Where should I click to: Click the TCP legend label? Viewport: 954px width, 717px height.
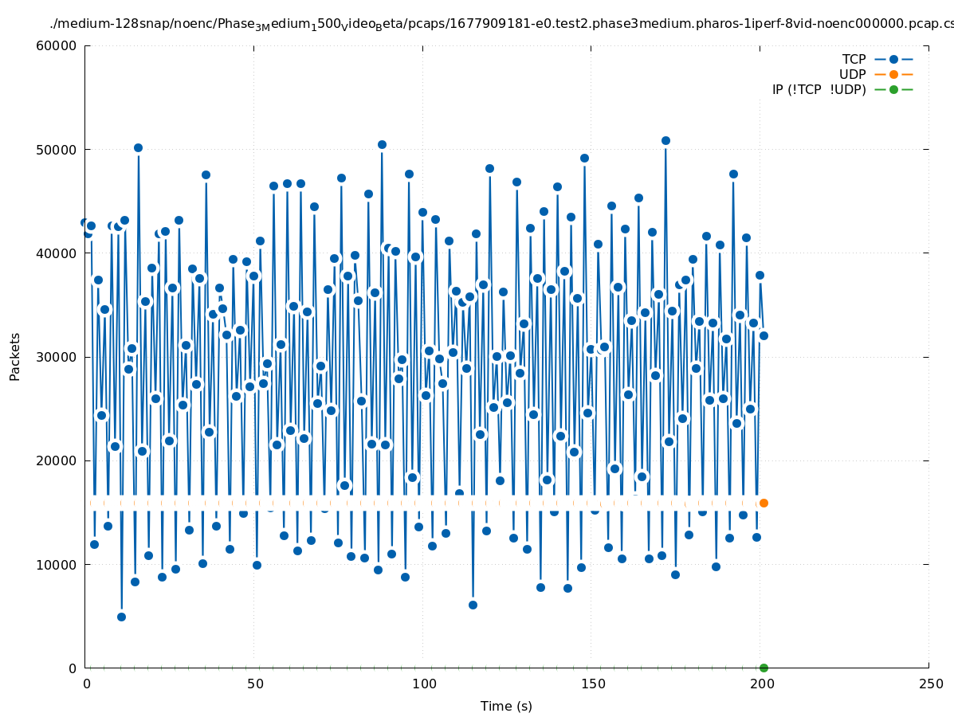click(854, 60)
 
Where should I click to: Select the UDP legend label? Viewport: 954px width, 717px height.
click(852, 75)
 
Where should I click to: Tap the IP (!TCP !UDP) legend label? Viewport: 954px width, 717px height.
click(819, 90)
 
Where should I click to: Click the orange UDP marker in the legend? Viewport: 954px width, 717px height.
click(893, 75)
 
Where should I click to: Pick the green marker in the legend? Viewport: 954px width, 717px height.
click(893, 90)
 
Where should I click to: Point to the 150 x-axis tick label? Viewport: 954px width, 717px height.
click(593, 684)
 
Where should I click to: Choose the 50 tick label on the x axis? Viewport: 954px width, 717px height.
click(255, 684)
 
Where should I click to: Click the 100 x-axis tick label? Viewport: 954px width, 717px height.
click(424, 684)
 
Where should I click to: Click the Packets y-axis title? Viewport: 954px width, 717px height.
click(15, 357)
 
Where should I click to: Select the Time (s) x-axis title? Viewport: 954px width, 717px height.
click(506, 707)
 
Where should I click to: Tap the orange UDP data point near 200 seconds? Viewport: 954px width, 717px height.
click(764, 503)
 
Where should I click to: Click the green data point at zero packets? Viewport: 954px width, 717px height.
click(764, 668)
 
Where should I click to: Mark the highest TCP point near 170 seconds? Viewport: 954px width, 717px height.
click(665, 140)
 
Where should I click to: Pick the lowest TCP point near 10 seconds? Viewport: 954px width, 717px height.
click(121, 617)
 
